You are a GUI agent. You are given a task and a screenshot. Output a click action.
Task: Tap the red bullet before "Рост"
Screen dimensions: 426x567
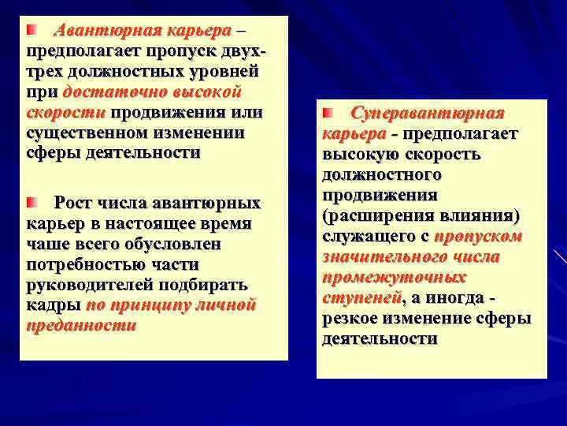[x=31, y=204]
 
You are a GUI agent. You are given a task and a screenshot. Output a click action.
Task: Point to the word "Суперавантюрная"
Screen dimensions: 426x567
[x=427, y=114]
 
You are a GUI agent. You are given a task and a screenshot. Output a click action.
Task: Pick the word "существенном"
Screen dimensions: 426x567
[x=77, y=133]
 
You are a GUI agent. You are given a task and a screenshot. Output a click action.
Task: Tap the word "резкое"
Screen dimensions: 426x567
[x=350, y=319]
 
